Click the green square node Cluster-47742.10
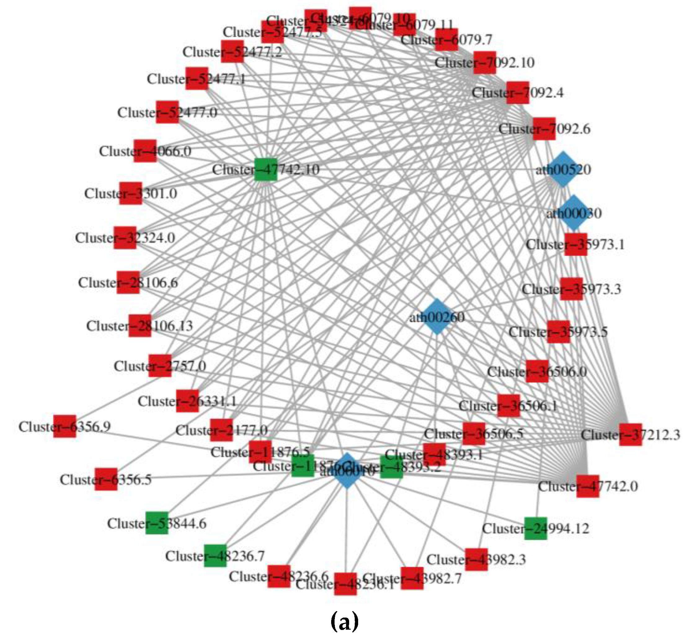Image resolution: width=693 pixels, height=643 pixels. tap(265, 169)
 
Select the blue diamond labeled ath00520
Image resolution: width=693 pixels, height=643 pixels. tap(562, 169)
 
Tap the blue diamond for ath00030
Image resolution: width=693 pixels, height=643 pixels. tap(574, 213)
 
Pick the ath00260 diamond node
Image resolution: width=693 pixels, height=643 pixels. tap(437, 317)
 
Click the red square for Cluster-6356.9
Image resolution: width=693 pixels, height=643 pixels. tap(65, 426)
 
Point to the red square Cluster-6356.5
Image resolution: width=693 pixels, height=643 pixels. tap(106, 479)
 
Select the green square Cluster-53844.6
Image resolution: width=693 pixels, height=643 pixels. tap(157, 523)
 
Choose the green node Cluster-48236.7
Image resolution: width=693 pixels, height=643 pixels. tap(215, 556)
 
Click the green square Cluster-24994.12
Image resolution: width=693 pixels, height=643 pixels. tap(535, 528)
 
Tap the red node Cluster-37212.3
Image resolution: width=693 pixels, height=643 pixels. tap(630, 435)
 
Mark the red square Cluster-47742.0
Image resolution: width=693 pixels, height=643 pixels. tap(588, 486)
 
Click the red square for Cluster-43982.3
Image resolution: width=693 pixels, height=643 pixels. tap(476, 559)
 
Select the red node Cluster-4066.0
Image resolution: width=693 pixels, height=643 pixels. tap(145, 151)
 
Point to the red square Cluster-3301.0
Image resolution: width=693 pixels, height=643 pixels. tap(131, 193)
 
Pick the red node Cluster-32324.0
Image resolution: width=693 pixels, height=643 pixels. tap(125, 238)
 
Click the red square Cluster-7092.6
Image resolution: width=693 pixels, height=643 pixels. tap(544, 129)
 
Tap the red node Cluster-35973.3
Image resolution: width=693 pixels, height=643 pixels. tap(571, 289)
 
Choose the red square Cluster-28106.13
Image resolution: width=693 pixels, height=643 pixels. tap(140, 326)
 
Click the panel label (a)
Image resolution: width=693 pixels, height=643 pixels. tap(344, 622)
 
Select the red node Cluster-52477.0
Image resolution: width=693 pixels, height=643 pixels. tap(167, 112)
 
